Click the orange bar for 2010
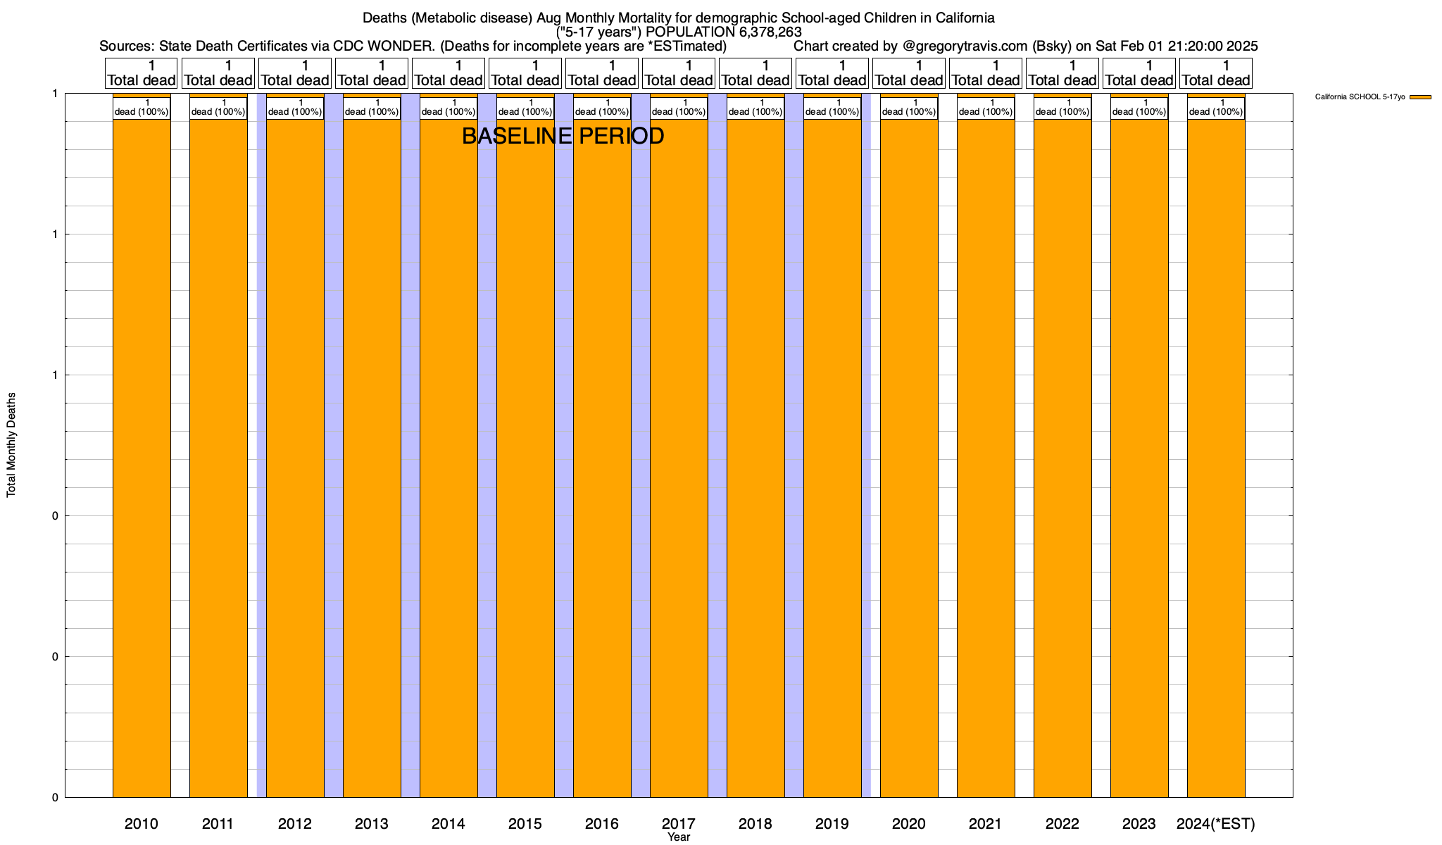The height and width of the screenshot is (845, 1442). click(x=142, y=458)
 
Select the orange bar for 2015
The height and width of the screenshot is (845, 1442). click(x=525, y=458)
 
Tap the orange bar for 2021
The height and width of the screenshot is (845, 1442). click(x=986, y=458)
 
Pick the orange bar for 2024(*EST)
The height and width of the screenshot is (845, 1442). click(x=1216, y=458)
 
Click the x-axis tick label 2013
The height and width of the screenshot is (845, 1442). click(x=372, y=824)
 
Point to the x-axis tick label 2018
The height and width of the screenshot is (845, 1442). click(x=756, y=824)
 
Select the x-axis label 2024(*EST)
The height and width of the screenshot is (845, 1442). click(x=1216, y=824)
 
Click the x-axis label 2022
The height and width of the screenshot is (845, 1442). click(x=1062, y=824)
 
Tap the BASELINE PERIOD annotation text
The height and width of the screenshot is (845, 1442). click(x=563, y=136)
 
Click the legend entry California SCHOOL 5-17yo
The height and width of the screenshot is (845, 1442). click(x=1360, y=96)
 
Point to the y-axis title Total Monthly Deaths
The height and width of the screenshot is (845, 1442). click(x=11, y=444)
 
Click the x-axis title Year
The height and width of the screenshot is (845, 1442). click(x=679, y=837)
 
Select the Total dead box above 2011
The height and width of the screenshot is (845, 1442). click(x=218, y=73)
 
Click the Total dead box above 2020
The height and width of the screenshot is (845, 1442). click(x=909, y=73)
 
